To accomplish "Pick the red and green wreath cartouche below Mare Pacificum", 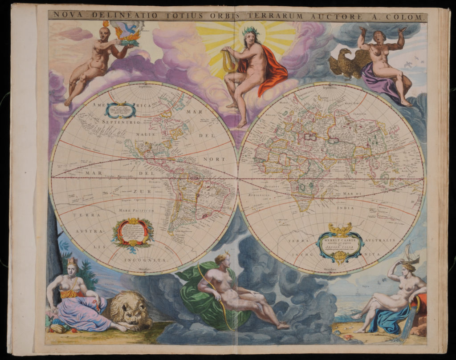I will point(133,233).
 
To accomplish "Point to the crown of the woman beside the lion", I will point(72,261).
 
